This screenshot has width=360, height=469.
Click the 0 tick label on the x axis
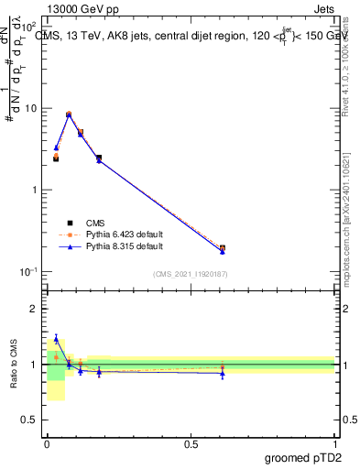click(47, 443)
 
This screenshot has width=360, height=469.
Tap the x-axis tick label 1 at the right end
click(334, 443)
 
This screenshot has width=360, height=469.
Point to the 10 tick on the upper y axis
click(31, 108)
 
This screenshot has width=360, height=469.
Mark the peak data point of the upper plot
click(69, 115)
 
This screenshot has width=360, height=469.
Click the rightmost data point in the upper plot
click(223, 248)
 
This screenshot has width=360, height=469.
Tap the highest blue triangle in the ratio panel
click(56, 339)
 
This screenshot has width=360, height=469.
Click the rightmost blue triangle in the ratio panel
click(223, 374)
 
